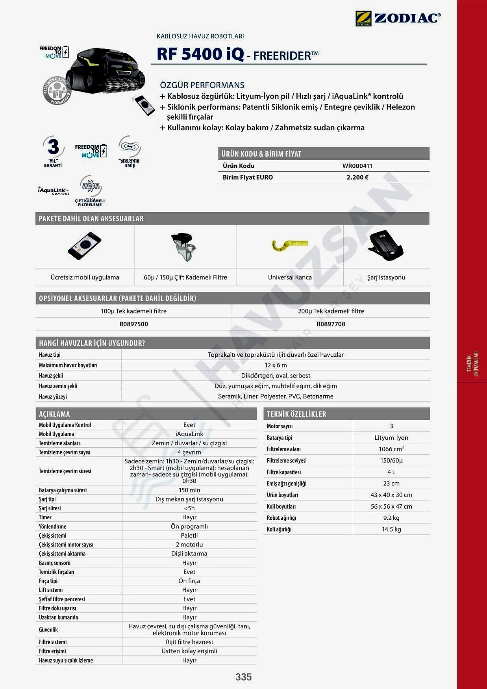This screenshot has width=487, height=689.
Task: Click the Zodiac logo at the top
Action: [x=398, y=19]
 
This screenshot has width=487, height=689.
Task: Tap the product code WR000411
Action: [x=357, y=166]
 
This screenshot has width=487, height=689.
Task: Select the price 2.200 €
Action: [x=357, y=177]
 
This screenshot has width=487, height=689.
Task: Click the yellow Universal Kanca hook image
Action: [x=290, y=245]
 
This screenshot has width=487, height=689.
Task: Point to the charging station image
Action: [x=386, y=246]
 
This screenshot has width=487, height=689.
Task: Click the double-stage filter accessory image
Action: [x=184, y=246]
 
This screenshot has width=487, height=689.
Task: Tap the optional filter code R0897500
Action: [x=134, y=324]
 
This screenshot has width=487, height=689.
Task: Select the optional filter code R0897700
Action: [x=331, y=324]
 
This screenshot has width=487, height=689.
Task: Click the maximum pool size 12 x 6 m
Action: [x=276, y=365]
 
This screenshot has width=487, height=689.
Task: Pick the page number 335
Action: [x=243, y=677]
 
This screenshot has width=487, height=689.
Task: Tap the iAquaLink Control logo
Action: [x=54, y=191]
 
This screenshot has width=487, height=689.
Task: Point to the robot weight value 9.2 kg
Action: [x=391, y=518]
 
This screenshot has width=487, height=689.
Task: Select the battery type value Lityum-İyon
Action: [x=391, y=437]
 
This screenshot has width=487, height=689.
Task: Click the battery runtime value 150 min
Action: [x=189, y=490]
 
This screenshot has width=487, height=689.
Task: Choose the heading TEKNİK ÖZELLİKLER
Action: [x=296, y=414]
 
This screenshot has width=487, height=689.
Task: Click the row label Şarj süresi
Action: [x=50, y=508]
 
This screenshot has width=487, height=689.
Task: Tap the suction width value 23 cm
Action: [x=391, y=483]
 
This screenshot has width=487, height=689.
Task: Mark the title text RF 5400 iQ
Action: [x=200, y=54]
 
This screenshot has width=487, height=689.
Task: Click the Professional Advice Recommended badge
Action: [x=57, y=91]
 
